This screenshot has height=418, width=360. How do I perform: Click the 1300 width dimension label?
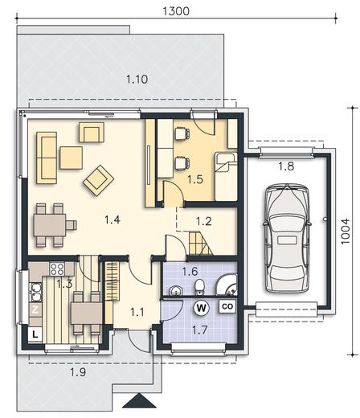click(176, 11)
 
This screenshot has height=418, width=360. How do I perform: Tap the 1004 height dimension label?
click(346, 232)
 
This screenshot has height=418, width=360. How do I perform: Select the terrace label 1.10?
click(137, 80)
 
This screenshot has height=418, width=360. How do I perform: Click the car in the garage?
click(287, 239)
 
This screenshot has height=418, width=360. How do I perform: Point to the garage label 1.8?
click(286, 166)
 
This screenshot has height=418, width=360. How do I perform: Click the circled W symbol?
click(201, 308)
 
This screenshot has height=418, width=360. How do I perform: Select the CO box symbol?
click(227, 306)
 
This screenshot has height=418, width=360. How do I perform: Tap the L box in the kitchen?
click(35, 334)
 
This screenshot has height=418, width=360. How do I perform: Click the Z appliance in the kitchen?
click(35, 309)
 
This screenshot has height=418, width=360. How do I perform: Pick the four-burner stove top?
click(57, 268)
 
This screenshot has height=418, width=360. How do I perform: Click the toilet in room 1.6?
click(199, 288)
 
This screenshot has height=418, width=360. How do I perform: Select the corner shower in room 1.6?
click(227, 285)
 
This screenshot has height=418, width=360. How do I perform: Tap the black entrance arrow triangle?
click(139, 401)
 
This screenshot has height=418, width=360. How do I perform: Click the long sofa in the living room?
click(47, 158)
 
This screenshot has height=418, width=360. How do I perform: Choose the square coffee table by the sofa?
click(71, 158)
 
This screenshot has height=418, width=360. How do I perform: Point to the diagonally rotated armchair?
click(98, 180)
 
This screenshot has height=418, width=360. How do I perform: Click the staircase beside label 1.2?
click(201, 244)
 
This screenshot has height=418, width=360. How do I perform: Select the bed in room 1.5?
click(226, 177)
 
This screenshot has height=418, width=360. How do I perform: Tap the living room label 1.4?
click(112, 220)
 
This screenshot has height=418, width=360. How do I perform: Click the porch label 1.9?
click(78, 372)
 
